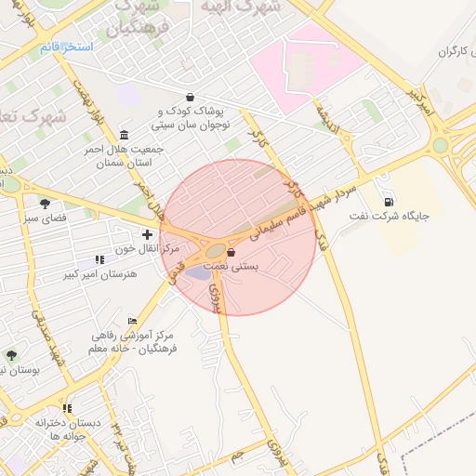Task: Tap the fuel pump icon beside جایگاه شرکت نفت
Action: point(388,202)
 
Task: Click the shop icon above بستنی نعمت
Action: point(231,252)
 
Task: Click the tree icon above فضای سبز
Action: point(45,204)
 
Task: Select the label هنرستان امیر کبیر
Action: point(99,274)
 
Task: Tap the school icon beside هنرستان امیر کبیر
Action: point(99,259)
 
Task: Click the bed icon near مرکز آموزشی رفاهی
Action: point(132,321)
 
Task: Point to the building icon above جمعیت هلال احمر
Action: point(125,135)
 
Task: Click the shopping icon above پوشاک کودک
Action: point(191,97)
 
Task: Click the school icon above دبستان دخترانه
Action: point(67,408)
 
